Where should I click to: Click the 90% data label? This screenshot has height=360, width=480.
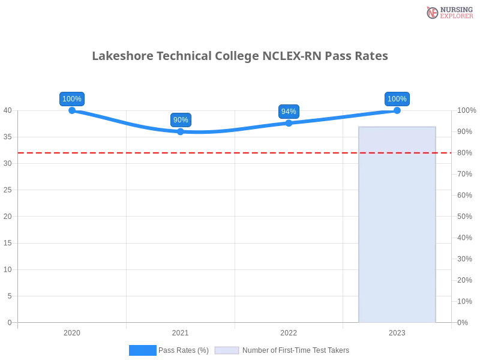pos(181,120)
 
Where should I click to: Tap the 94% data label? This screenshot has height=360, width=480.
pos(289,112)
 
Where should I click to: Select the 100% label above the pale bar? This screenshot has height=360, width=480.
pos(397,99)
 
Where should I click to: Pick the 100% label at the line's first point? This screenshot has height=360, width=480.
pos(72,99)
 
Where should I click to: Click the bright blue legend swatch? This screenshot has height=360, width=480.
pos(143,350)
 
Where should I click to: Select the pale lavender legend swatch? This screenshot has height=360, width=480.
pos(227,350)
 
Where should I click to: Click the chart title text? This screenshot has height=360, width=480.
pos(240,57)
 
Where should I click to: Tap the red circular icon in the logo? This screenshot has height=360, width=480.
pos(433,13)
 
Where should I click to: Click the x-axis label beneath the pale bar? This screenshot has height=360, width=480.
pos(398,331)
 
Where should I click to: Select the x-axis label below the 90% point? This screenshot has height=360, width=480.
pos(179,331)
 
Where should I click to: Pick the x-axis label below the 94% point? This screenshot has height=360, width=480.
pos(288,331)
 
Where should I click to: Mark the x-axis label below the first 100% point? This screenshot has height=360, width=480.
pos(72,331)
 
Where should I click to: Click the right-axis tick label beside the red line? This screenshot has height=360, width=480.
pos(464,152)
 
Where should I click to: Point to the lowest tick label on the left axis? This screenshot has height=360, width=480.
pos(9,322)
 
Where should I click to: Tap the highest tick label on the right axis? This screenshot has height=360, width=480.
pos(465,110)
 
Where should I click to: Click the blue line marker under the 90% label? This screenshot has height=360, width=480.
pos(180,132)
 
